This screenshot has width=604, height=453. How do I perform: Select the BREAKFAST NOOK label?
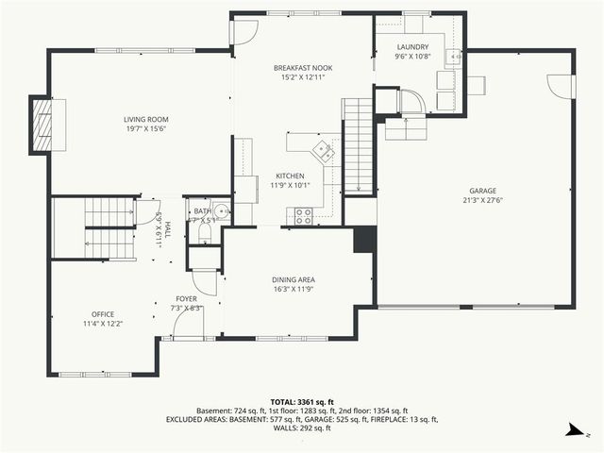coord(302,68)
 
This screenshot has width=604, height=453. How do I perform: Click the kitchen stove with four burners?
coord(304,215)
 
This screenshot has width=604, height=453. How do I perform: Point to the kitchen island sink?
coord(324,148)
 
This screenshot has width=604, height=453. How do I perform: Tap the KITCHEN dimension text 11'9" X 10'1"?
coord(290,186)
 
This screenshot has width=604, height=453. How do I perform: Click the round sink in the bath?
coord(221,212)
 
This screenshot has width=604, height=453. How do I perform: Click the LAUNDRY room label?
coord(412,46)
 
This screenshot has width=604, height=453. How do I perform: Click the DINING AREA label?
coord(293,280)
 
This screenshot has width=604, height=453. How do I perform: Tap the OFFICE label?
coord(102,313)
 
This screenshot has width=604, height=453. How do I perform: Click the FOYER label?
coord(185,298)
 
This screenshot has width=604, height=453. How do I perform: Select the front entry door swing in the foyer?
coord(188,325)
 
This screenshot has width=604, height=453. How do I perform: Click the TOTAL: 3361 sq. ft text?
coord(302,402)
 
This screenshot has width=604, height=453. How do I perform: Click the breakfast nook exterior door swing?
coord(243,31)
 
